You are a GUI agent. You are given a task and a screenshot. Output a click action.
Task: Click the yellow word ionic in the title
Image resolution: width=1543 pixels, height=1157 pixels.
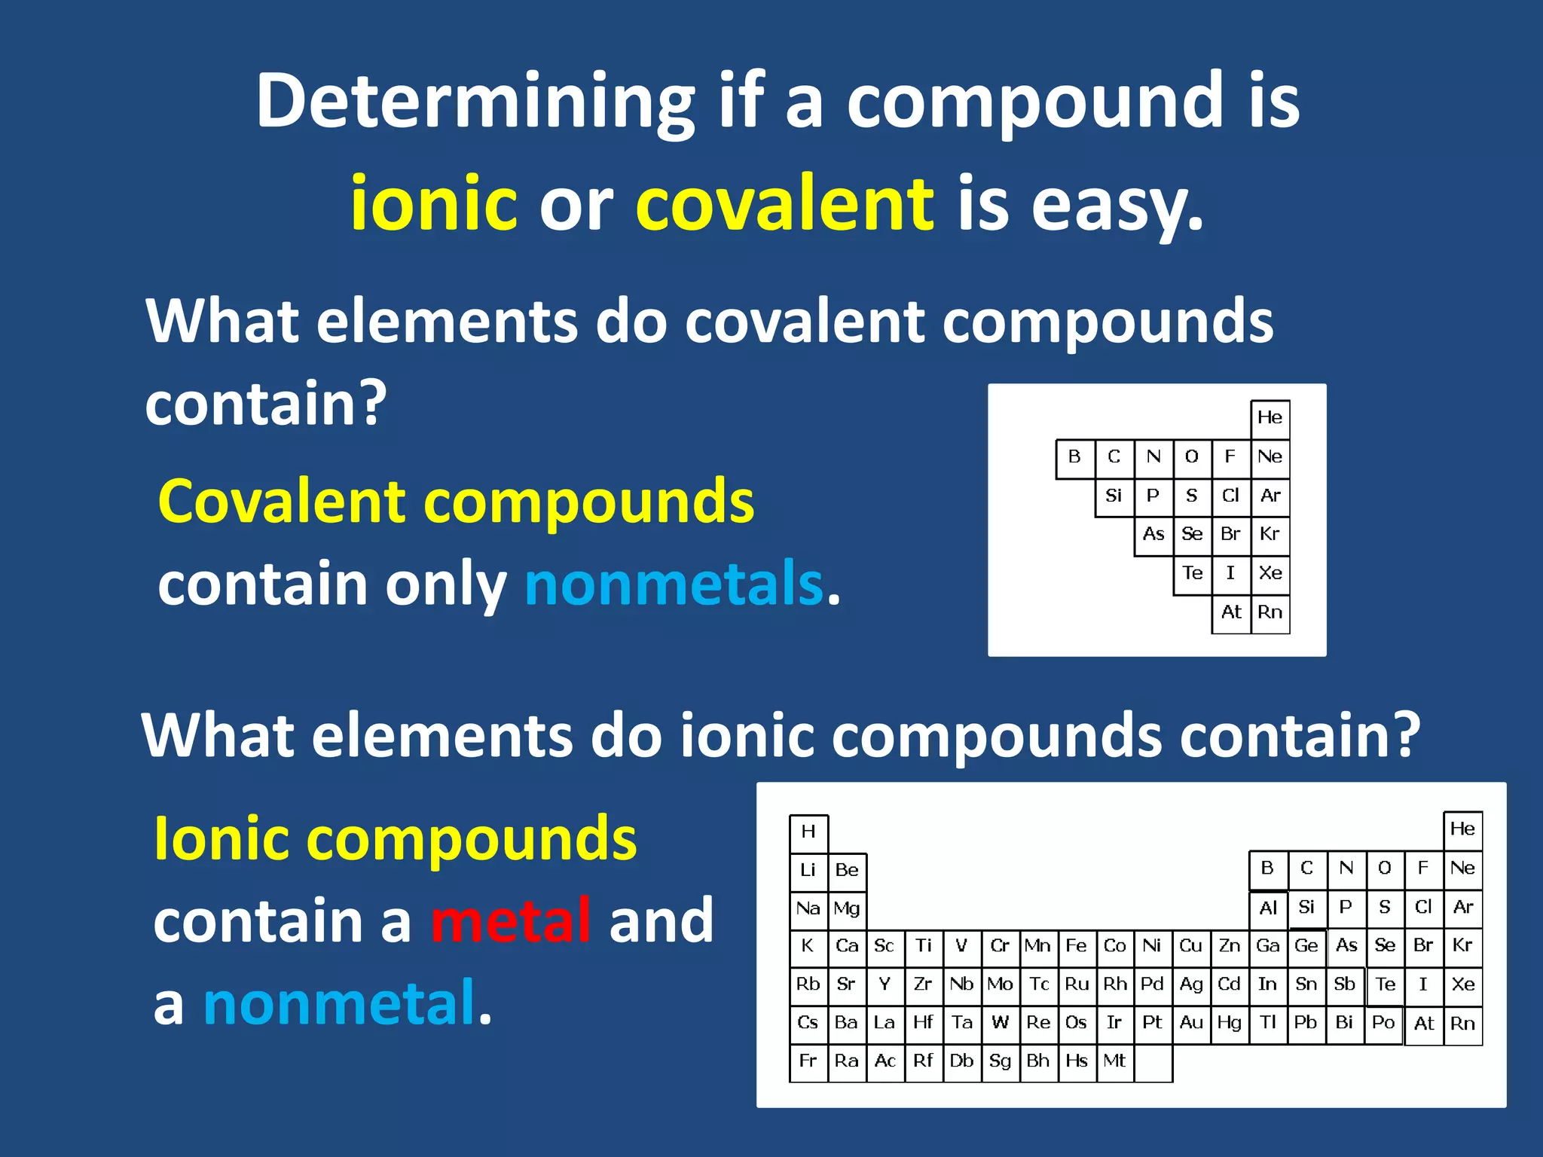[x=433, y=203]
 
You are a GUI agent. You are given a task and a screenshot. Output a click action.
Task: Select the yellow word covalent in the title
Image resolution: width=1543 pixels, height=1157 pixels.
[x=784, y=203]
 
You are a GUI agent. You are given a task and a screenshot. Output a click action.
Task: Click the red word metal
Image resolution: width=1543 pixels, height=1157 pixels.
[x=511, y=920]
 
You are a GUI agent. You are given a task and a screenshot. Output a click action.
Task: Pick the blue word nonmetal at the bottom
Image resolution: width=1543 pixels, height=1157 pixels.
[x=339, y=1003]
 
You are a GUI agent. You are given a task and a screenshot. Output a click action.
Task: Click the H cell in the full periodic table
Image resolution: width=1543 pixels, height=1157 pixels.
[x=808, y=832]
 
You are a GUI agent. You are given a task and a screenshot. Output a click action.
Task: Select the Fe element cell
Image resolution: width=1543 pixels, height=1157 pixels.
[x=1076, y=947]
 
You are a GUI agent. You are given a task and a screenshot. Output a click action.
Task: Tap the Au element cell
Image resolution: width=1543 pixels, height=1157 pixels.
[x=1191, y=1023]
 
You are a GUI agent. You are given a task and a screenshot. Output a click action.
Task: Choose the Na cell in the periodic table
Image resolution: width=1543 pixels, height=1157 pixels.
[x=808, y=908]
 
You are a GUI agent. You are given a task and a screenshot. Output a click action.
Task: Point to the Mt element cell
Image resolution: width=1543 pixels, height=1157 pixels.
[x=1114, y=1061]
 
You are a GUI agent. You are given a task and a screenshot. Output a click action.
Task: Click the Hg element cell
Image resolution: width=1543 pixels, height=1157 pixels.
[x=1230, y=1023]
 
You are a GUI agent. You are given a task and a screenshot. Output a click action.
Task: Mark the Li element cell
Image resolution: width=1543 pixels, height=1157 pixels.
[x=808, y=871]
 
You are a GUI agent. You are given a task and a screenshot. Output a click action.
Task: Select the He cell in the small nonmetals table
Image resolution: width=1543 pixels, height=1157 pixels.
[x=1270, y=418]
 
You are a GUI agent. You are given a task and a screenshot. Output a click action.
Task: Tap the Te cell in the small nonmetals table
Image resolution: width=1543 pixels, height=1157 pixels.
[x=1192, y=574]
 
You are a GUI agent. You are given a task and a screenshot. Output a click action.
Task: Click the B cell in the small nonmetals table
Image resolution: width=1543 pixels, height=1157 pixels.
[x=1074, y=457]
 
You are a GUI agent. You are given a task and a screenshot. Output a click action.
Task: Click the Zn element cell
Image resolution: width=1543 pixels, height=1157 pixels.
[x=1230, y=947]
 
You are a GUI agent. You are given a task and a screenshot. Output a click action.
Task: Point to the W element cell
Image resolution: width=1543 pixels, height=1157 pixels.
[x=1000, y=1023]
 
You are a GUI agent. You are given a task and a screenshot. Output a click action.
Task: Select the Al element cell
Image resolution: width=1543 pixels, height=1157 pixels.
[x=1268, y=908]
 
